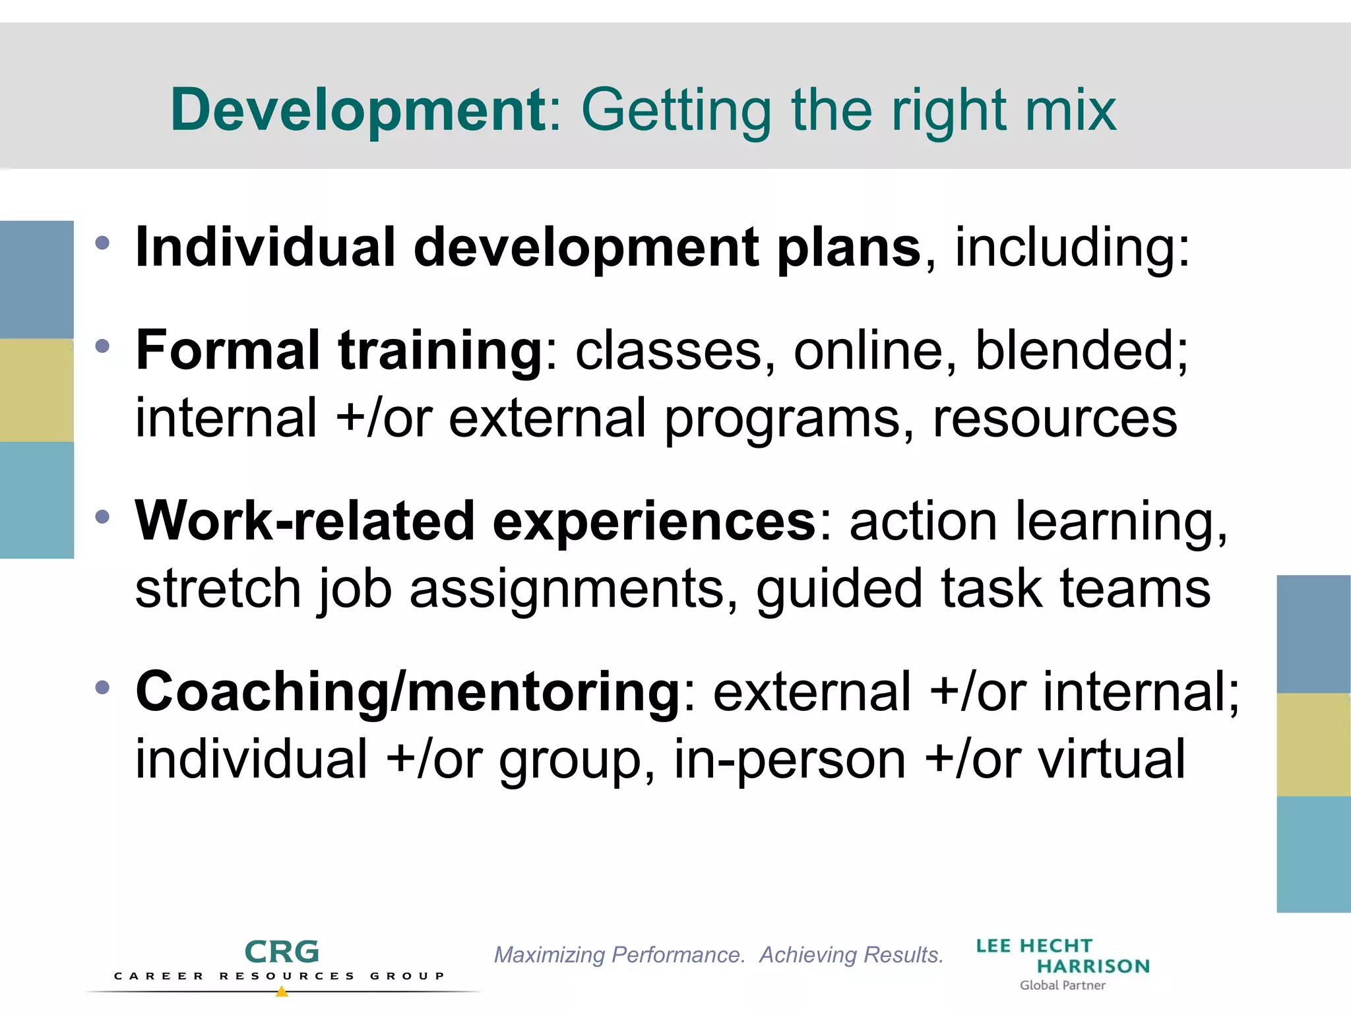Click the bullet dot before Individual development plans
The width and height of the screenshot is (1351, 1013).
click(x=102, y=243)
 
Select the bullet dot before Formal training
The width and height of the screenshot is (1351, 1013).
click(x=102, y=346)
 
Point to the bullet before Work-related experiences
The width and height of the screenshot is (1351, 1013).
click(x=102, y=516)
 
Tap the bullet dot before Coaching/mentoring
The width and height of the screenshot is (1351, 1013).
click(x=102, y=688)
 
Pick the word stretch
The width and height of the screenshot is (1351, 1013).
click(x=218, y=588)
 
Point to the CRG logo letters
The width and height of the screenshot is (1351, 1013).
click(x=282, y=952)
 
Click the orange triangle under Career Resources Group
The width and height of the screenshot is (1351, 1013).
click(x=282, y=991)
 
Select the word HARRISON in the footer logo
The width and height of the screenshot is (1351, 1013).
click(x=1093, y=966)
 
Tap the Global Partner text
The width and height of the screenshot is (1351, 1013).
click(x=1062, y=985)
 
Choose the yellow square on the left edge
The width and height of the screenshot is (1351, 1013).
click(x=37, y=390)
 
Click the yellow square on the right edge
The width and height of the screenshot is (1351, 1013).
click(x=1313, y=745)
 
